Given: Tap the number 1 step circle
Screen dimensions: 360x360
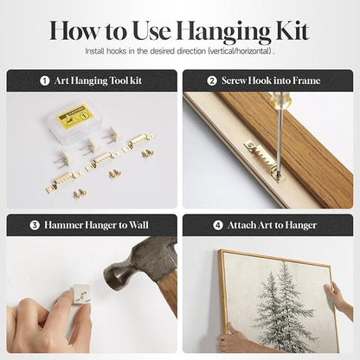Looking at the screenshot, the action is point(45,80).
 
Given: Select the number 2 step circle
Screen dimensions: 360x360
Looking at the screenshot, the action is point(212,80).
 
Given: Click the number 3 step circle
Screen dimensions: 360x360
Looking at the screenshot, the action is point(35,225).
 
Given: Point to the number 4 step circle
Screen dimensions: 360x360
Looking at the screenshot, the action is point(218,225).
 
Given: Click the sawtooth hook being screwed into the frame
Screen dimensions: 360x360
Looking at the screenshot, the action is point(262,159).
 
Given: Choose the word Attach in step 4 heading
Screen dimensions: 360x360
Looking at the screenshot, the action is point(241,225).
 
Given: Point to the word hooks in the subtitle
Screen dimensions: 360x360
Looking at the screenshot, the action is point(115,51).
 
